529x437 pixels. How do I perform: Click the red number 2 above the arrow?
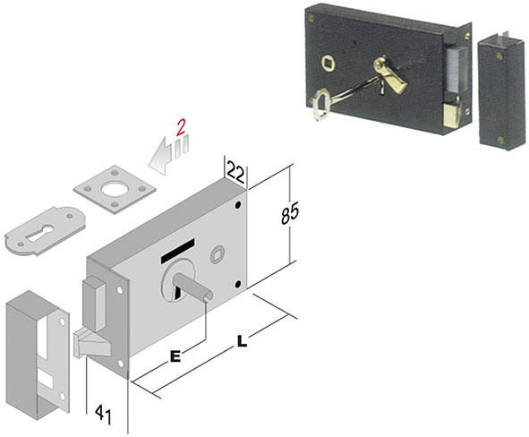click(x=181, y=127)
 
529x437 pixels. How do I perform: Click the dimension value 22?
click(x=236, y=172)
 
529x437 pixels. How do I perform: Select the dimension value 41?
click(x=103, y=414)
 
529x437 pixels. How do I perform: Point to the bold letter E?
click(x=175, y=356)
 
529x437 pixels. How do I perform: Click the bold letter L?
click(x=242, y=341)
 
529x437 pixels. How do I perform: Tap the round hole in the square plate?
click(x=114, y=189)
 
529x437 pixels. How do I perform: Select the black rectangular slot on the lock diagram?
click(x=178, y=250)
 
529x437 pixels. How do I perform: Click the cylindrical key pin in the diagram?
click(x=192, y=287)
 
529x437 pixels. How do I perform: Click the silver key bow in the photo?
click(x=319, y=104)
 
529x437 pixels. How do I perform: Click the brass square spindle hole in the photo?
click(x=328, y=63)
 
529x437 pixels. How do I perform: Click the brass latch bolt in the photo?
click(x=452, y=112)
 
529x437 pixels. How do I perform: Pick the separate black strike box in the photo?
click(x=502, y=90)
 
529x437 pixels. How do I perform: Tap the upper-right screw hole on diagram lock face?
click(x=238, y=204)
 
